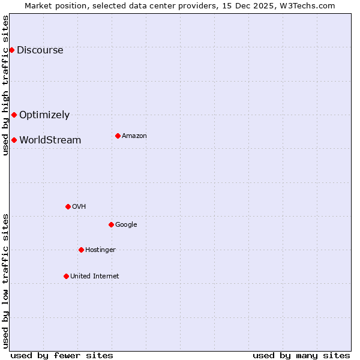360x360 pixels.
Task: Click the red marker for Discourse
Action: [x=11, y=50]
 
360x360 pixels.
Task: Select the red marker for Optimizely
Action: [x=14, y=115]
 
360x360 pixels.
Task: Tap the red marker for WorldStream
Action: [x=14, y=140]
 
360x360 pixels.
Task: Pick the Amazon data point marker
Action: [x=118, y=136]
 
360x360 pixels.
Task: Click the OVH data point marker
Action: [x=68, y=206]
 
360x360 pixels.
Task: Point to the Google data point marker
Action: [x=111, y=224]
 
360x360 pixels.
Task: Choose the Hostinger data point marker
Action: [x=81, y=250]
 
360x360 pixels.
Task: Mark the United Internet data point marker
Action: [x=66, y=276]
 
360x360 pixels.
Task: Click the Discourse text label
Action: [x=40, y=50]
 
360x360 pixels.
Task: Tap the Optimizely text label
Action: [x=44, y=115]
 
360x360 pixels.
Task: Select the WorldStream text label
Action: [x=50, y=140]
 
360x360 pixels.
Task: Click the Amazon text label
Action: [x=134, y=136]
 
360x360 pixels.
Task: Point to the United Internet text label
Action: [x=94, y=276]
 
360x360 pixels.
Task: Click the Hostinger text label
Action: [x=100, y=250]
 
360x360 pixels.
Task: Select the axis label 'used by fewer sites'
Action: [x=62, y=355]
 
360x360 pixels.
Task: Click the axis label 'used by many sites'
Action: [x=301, y=355]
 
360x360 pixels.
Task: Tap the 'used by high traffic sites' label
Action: [x=5, y=85]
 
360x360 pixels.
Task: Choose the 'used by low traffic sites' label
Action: [x=5, y=281]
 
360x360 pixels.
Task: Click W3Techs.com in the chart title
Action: [x=308, y=5]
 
